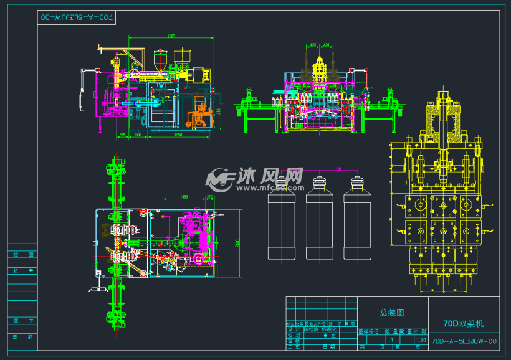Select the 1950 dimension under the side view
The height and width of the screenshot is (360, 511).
pyautogui.click(x=178, y=134)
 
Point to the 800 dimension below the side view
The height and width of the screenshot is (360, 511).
pyautogui.click(x=138, y=134)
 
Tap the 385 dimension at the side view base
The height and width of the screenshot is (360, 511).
pyautogui.click(x=123, y=134)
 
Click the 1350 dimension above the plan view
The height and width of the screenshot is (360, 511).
pyautogui.click(x=184, y=197)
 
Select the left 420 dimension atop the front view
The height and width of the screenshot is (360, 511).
pyautogui.click(x=313, y=45)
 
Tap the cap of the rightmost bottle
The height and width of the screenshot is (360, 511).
pyautogui.click(x=356, y=182)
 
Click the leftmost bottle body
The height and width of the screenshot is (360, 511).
pyautogui.click(x=281, y=227)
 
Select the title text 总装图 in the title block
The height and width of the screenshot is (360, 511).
pyautogui.click(x=392, y=313)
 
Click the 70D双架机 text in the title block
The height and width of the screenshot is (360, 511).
pyautogui.click(x=463, y=324)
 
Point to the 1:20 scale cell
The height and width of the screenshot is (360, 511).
pyautogui.click(x=421, y=340)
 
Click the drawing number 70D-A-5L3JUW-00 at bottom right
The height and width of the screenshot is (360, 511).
pyautogui.click(x=464, y=341)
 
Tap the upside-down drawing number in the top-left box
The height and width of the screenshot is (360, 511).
pyautogui.click(x=78, y=19)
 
